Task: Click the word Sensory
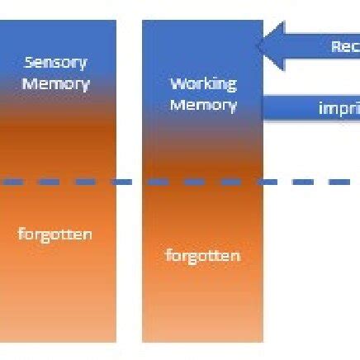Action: point(55,62)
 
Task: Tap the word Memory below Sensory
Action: point(55,83)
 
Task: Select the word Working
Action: point(203,83)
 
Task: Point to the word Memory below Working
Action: point(203,105)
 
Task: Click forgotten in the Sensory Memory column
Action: point(55,234)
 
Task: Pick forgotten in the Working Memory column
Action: point(203,255)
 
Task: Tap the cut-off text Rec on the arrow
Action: point(345,47)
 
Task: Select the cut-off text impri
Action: point(339,108)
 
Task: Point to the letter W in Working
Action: point(176,83)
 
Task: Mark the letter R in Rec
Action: point(335,47)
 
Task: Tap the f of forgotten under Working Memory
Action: point(168,255)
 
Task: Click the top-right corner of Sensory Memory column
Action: point(115,21)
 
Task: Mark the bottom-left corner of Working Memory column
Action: point(143,341)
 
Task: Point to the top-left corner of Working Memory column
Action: point(143,21)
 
